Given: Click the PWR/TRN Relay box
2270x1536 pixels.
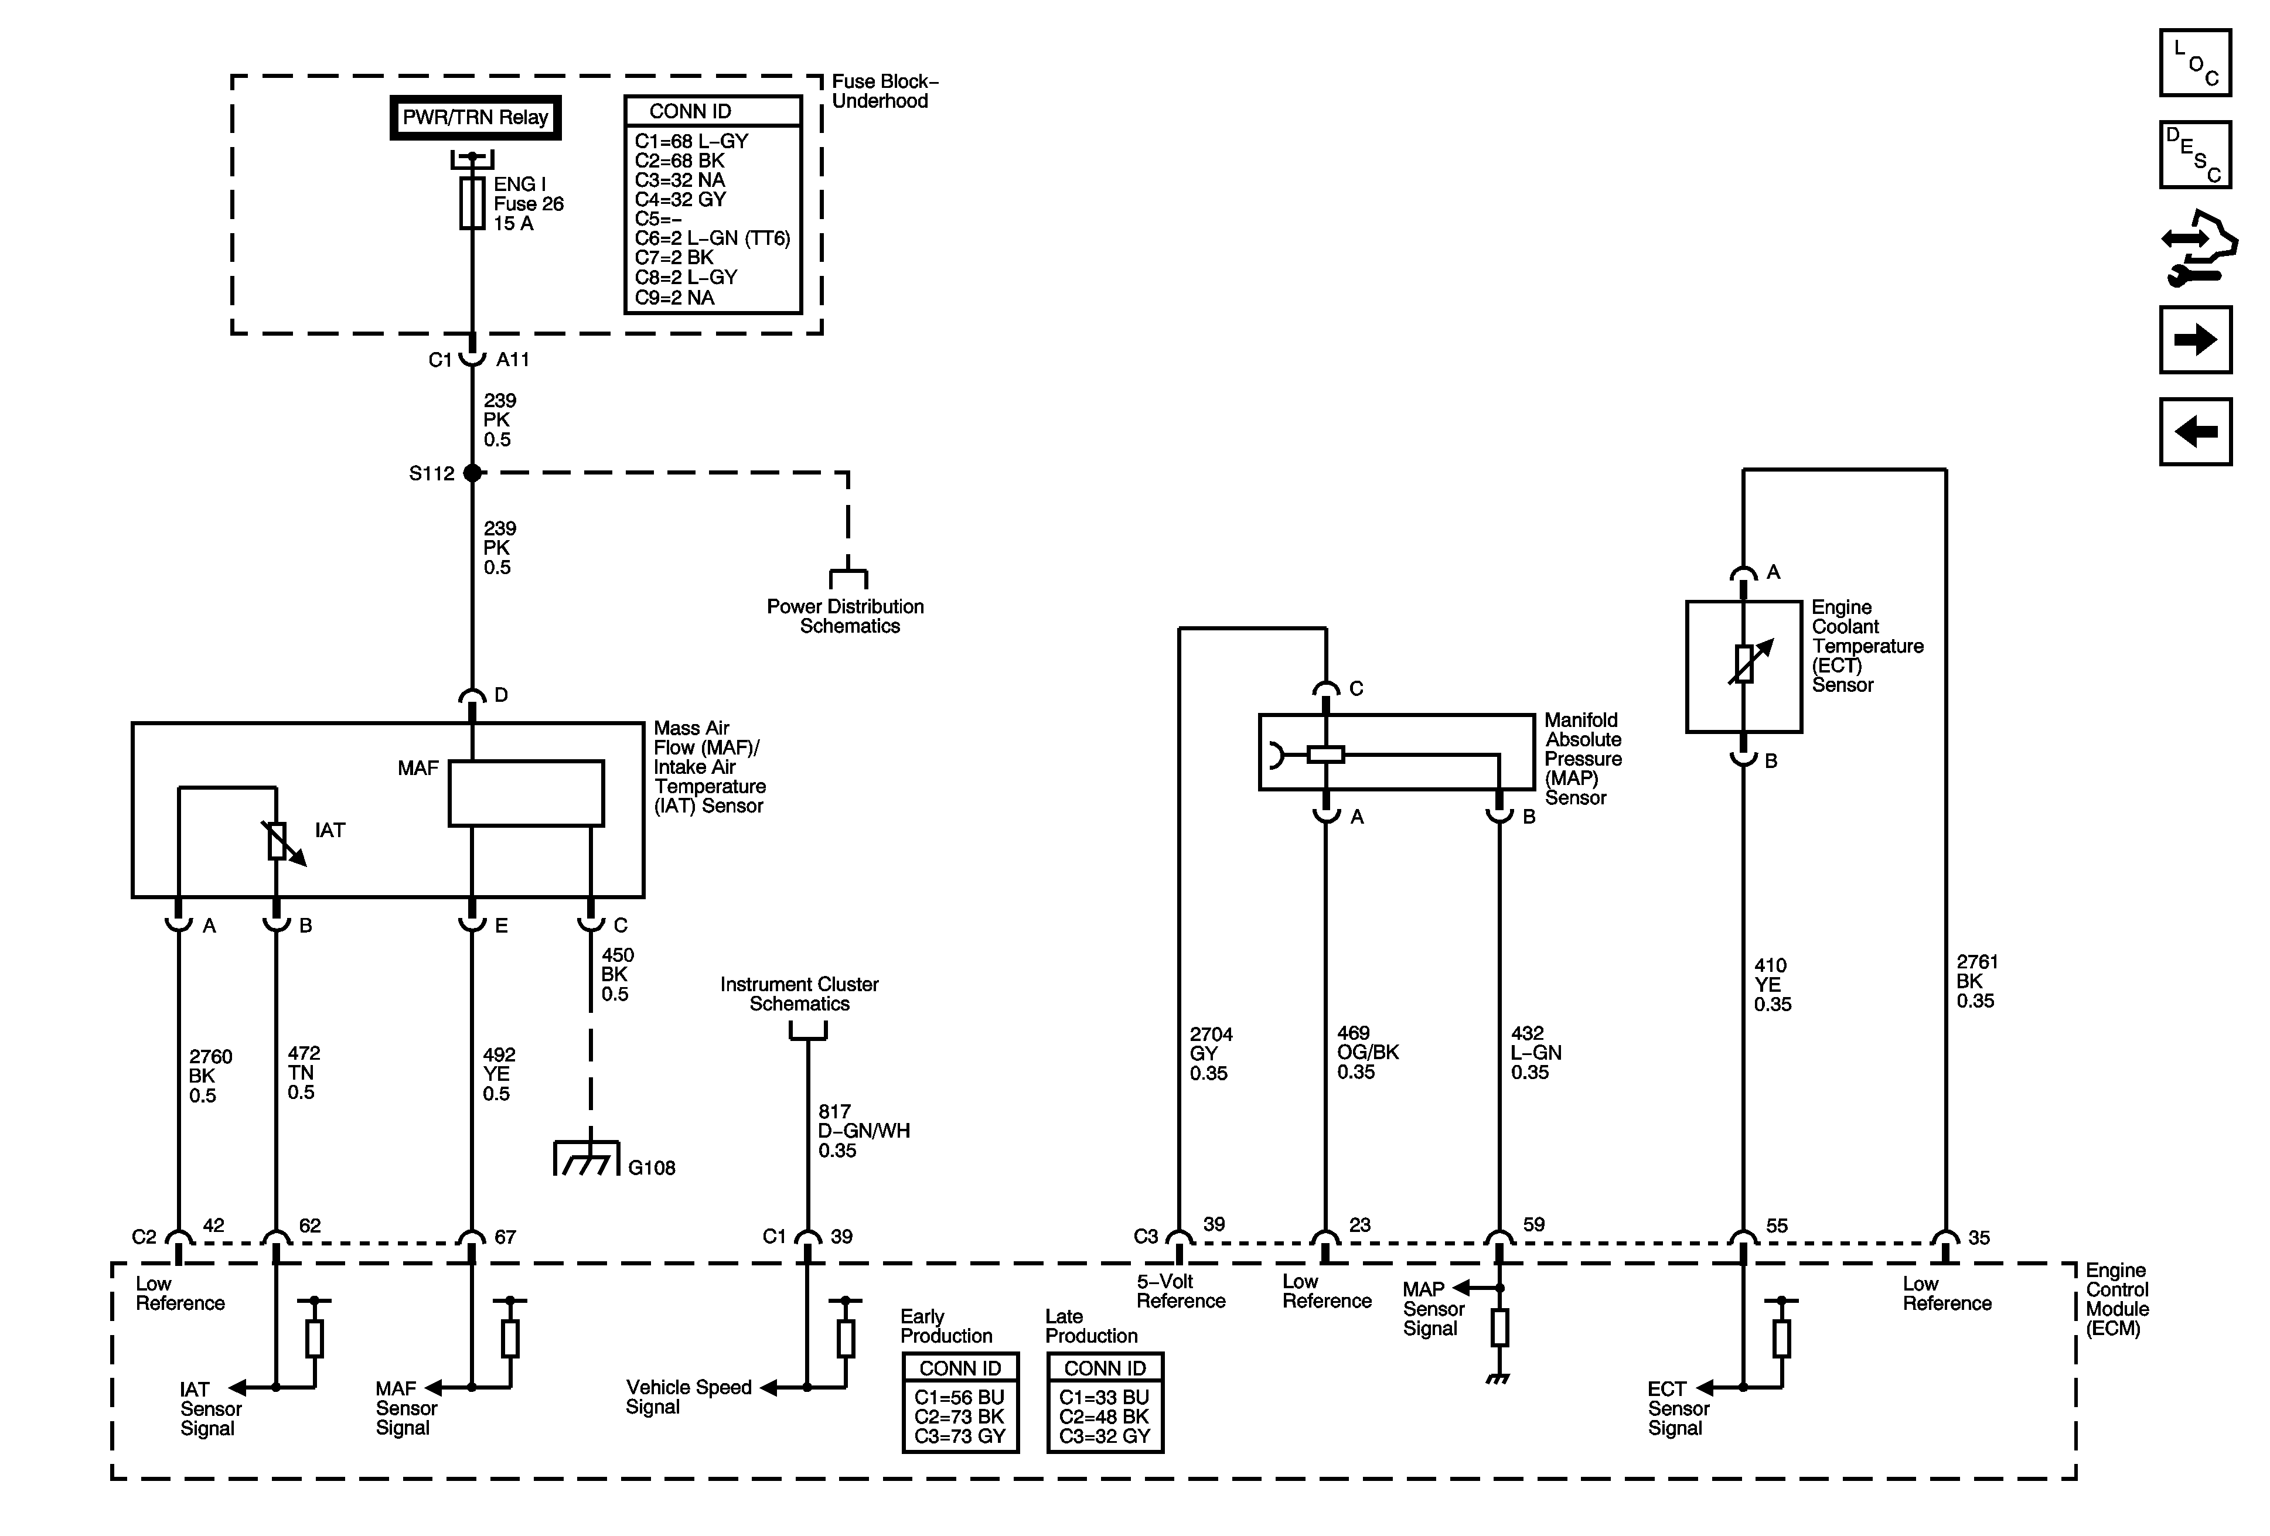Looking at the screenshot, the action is click(476, 117).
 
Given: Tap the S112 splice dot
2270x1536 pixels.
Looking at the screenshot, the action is click(473, 473).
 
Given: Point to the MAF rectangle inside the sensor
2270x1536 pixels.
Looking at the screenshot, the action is click(526, 793).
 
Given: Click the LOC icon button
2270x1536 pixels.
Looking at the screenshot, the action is click(2196, 63).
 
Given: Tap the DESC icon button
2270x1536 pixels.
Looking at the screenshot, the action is click(2196, 154).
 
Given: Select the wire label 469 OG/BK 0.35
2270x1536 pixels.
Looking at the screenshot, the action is click(1368, 1053).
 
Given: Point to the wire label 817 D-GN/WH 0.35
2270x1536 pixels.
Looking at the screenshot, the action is click(864, 1131).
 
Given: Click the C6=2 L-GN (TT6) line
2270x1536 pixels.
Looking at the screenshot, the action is click(712, 238).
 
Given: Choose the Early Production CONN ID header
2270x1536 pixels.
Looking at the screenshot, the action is click(960, 1368).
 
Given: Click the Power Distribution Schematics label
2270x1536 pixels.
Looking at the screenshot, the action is click(846, 616).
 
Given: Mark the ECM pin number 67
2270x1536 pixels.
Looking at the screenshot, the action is click(505, 1237).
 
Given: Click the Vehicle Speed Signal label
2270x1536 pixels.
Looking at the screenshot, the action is click(689, 1397).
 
